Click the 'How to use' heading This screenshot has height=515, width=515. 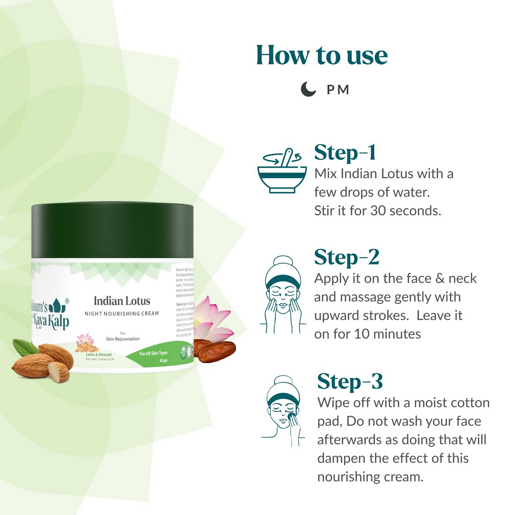coord(321,55)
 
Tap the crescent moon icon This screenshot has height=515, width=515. coord(308,89)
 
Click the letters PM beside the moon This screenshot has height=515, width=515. coord(338,89)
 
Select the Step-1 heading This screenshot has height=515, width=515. coord(345,153)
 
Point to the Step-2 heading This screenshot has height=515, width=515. coord(346,257)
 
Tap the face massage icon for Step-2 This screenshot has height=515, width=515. coord(283,295)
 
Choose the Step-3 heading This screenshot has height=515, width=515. coord(350,381)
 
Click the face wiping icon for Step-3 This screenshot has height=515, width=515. coord(283,410)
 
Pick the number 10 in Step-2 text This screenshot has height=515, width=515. coord(362,334)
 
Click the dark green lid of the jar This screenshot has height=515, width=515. coord(112,231)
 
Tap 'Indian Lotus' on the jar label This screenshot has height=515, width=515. coord(122,301)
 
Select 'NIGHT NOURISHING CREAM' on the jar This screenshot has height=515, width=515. coord(122,313)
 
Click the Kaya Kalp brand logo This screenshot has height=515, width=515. coord(51,314)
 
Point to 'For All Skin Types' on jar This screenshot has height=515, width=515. coord(153,353)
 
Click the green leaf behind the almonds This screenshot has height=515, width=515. coord(25,347)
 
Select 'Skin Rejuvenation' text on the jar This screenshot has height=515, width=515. coord(122,339)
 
